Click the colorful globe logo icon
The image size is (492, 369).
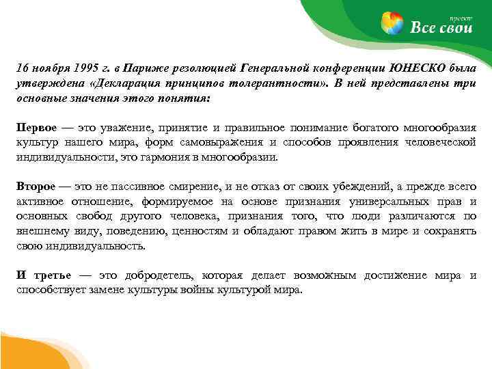tap(392, 23)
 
